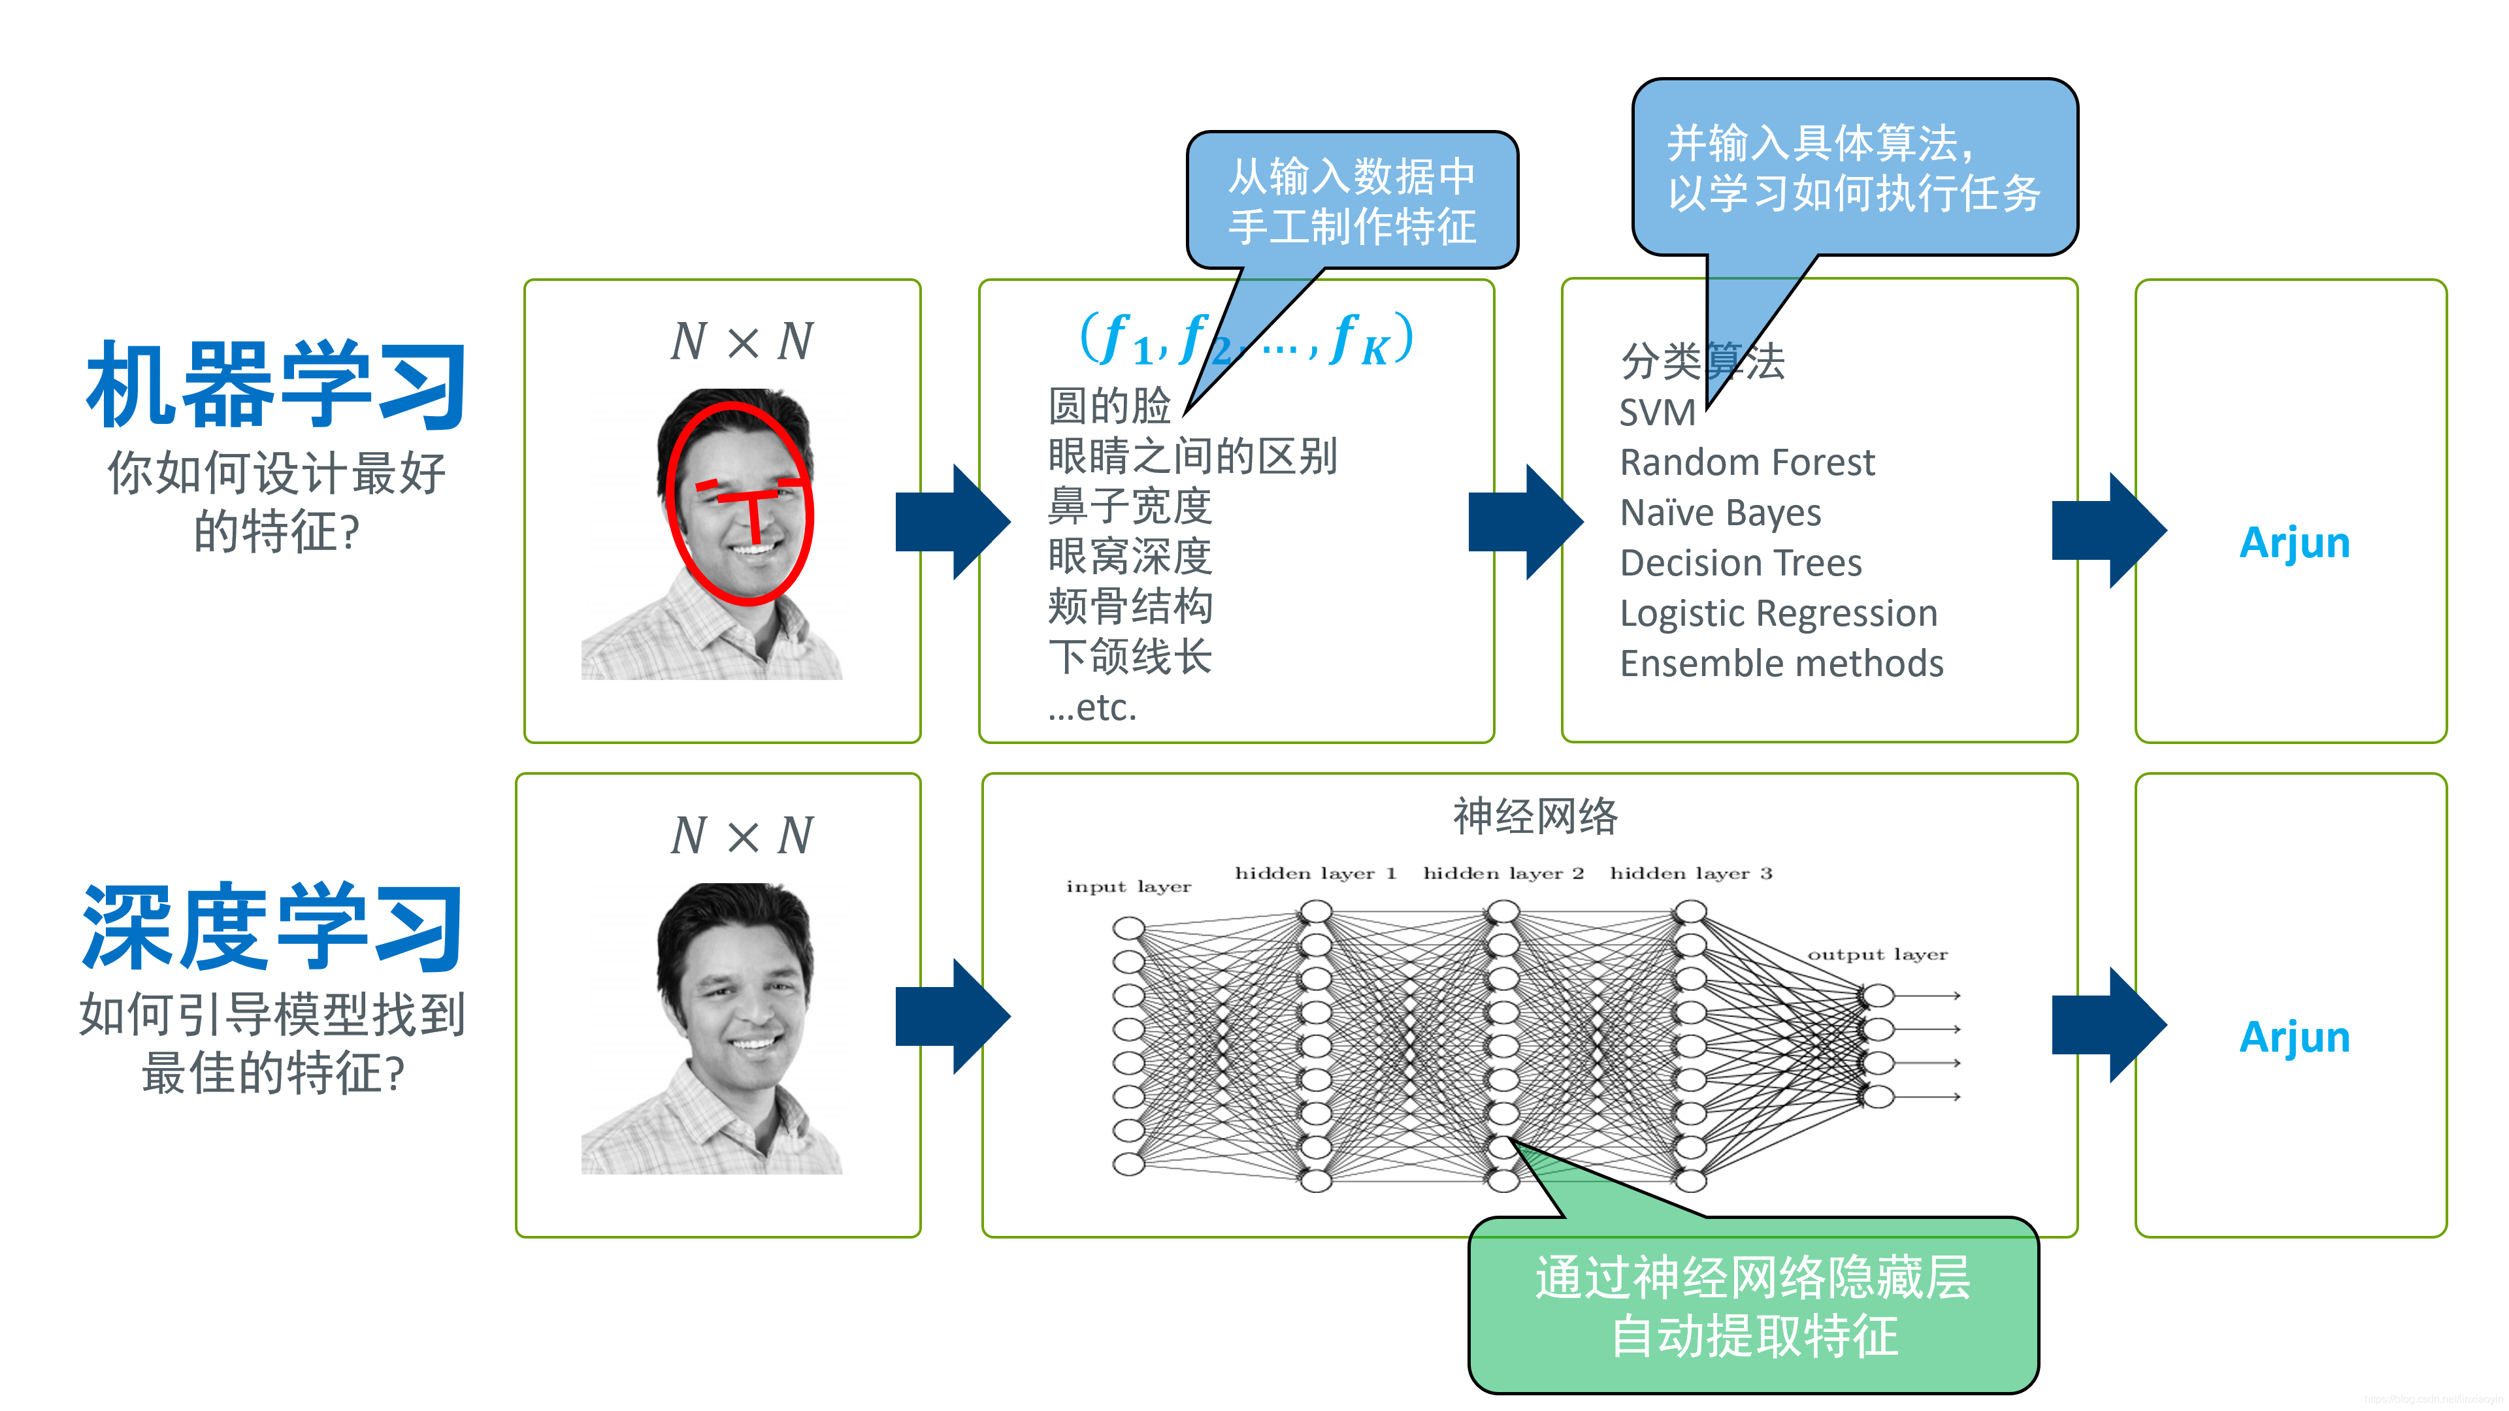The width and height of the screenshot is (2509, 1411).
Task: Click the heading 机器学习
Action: pos(276,385)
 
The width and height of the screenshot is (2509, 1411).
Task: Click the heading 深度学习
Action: pos(272,926)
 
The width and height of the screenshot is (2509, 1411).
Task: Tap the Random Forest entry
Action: pos(1746,462)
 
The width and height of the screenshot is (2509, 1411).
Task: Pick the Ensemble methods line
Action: pos(1781,664)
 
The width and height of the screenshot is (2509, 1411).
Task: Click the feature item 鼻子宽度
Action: pos(1130,506)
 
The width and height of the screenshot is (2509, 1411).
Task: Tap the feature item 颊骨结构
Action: pos(1130,607)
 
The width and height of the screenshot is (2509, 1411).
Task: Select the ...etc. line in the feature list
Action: pos(1092,708)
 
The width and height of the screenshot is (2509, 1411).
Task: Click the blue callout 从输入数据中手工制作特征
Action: pos(1352,201)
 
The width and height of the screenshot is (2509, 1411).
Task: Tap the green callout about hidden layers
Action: pos(1753,1305)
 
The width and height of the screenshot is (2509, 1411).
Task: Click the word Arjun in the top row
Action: pos(2295,542)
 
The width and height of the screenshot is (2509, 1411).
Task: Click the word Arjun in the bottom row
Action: pos(2295,1037)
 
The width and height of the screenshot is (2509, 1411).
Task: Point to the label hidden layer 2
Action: pos(1503,873)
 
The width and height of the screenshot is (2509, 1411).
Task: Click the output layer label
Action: pos(1877,954)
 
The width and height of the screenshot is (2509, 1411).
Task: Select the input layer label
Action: pos(1128,886)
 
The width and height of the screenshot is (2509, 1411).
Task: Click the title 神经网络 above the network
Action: pos(1535,816)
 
